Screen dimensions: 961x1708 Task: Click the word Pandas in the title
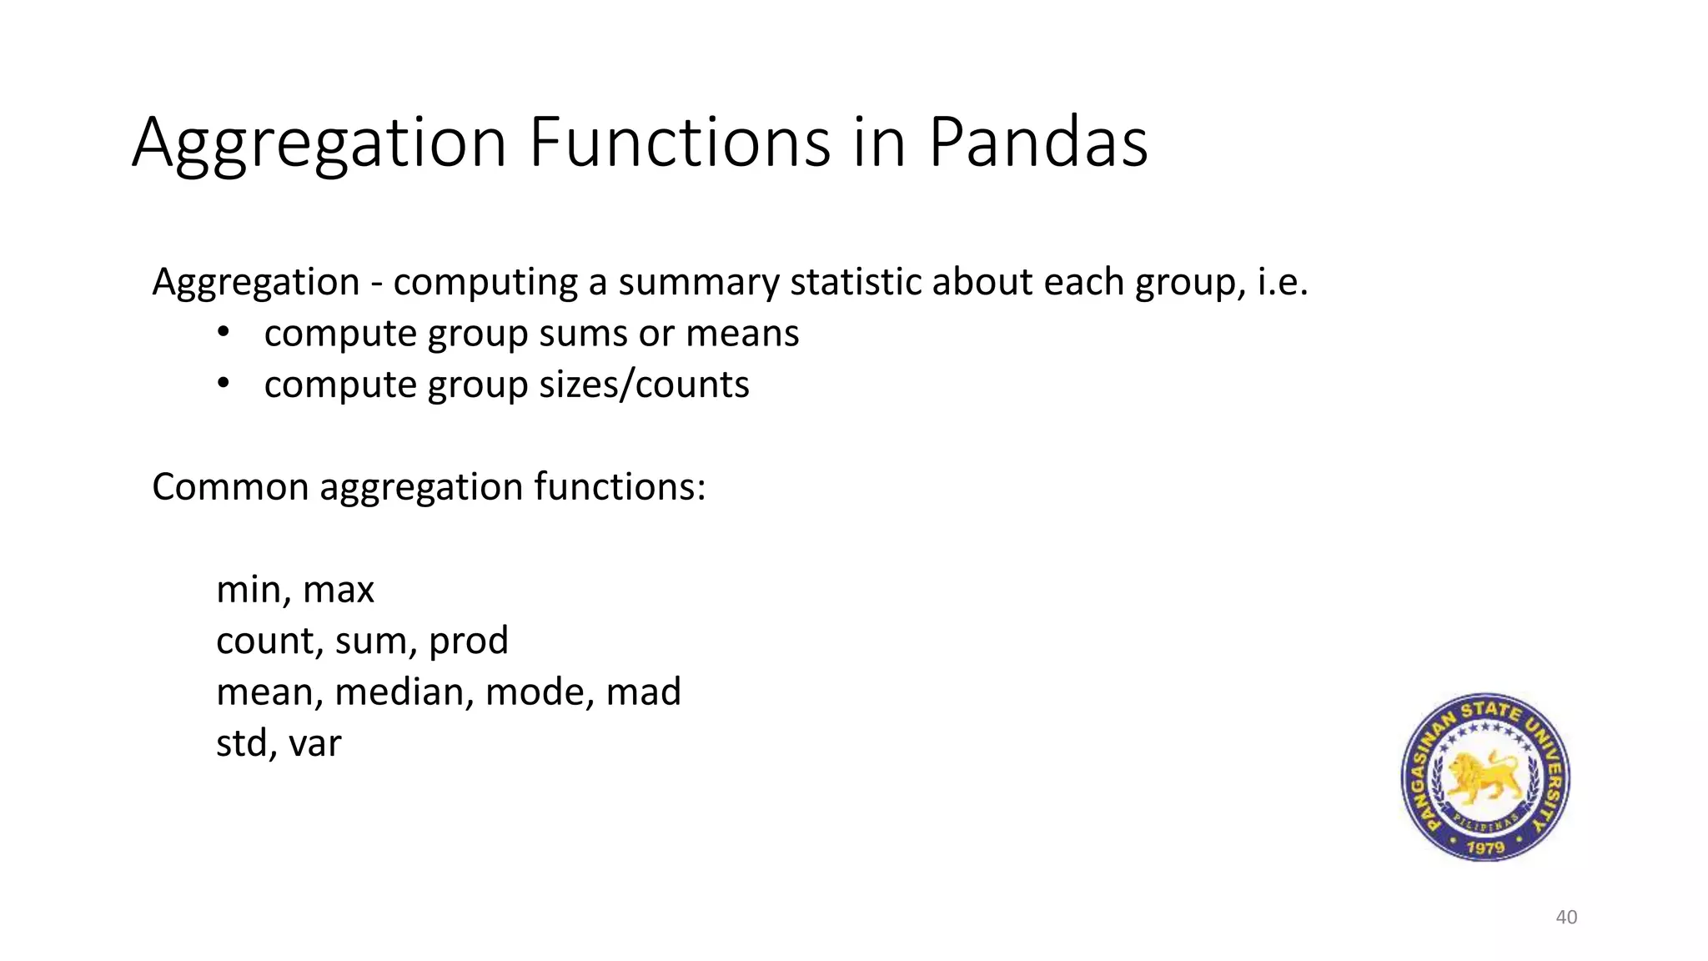(1037, 142)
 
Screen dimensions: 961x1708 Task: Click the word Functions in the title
(680, 142)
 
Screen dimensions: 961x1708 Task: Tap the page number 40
(1566, 917)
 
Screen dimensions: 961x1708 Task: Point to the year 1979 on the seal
(1485, 847)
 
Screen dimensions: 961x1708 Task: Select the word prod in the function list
(468, 641)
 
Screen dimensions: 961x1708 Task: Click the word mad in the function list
(643, 692)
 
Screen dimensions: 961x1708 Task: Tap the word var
(314, 743)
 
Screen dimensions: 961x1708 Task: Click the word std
(241, 743)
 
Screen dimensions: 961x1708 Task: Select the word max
(339, 590)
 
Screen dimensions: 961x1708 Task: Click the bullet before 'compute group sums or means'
(223, 333)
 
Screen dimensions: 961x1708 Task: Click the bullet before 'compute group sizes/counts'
(223, 384)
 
